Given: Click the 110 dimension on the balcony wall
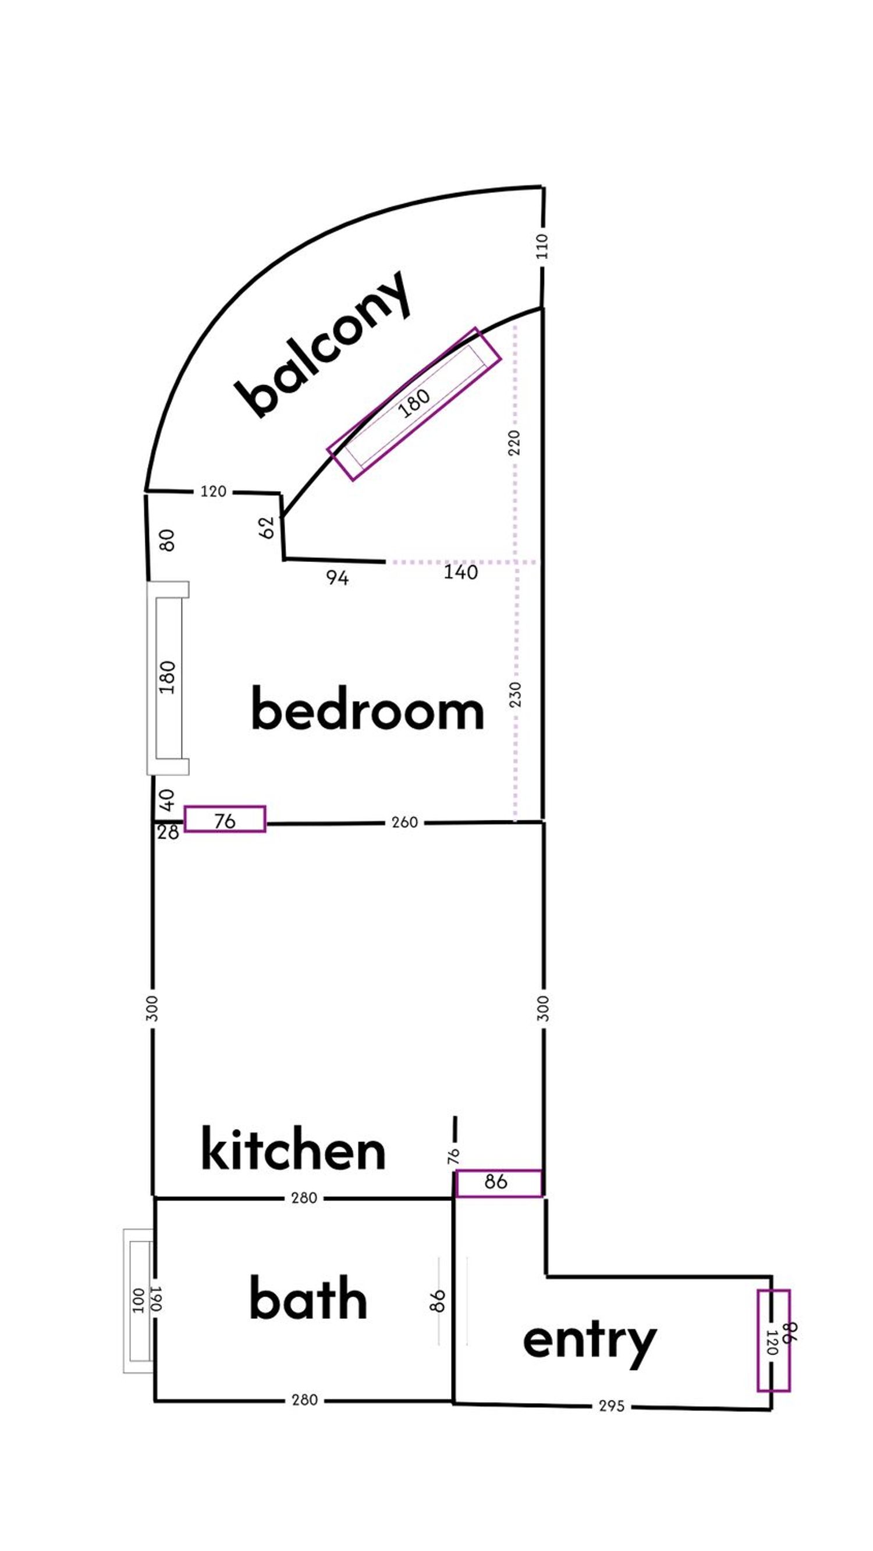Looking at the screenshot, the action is [542, 246].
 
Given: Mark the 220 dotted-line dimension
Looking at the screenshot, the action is [514, 443].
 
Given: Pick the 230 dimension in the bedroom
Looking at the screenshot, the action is [515, 695].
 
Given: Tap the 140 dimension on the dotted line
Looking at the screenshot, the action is [461, 572].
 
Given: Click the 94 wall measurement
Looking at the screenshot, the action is [338, 578].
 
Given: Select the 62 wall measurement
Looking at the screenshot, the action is [268, 528].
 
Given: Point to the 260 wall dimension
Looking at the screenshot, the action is [404, 823].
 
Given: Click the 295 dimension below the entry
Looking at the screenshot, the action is [611, 1407].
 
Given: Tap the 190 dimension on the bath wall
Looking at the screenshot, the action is [156, 1299].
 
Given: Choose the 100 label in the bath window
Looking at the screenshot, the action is [138, 1300].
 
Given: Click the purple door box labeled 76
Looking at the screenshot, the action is [225, 819].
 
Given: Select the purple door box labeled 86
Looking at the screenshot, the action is [498, 1183].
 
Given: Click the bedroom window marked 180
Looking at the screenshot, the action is [168, 678].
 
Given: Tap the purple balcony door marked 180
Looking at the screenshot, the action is [414, 404].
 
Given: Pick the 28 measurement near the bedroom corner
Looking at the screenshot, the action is [168, 833].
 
